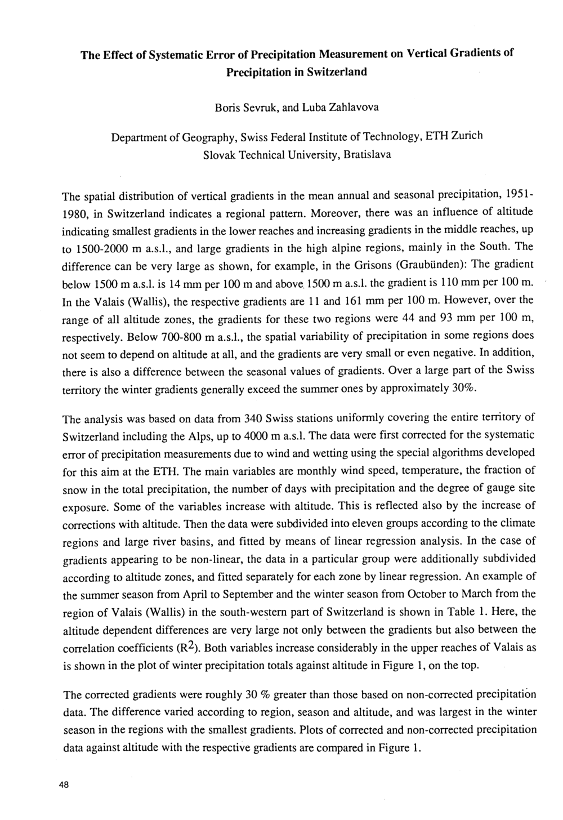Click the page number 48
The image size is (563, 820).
63,787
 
